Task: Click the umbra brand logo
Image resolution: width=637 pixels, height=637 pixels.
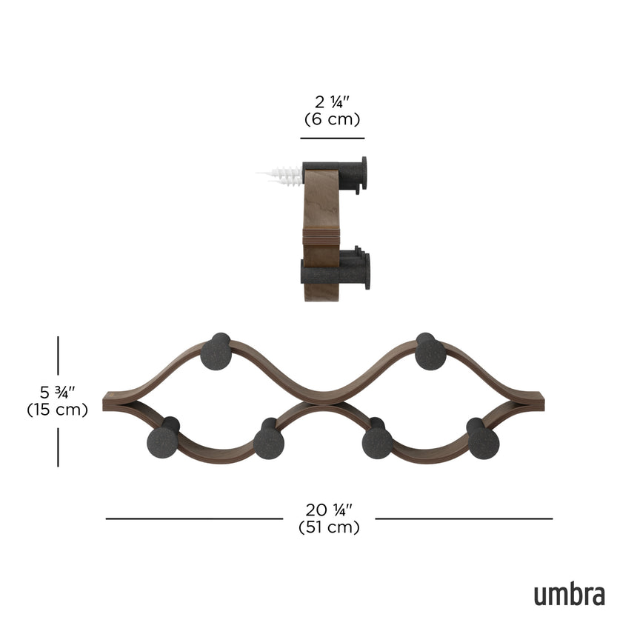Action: click(x=569, y=594)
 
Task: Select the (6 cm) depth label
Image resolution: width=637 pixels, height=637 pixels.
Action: click(x=332, y=119)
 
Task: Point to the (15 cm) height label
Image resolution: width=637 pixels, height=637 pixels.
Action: click(x=57, y=409)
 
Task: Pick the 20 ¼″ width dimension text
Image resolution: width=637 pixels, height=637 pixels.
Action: click(x=329, y=510)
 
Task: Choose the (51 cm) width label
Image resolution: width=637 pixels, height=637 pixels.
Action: click(x=329, y=527)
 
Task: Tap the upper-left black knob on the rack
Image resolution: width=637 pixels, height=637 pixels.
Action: click(x=216, y=352)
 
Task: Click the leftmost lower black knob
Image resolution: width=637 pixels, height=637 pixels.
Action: click(x=162, y=441)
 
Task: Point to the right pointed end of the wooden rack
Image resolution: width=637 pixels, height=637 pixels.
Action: click(x=539, y=401)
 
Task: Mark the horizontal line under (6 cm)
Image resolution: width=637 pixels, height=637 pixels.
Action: click(x=332, y=139)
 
